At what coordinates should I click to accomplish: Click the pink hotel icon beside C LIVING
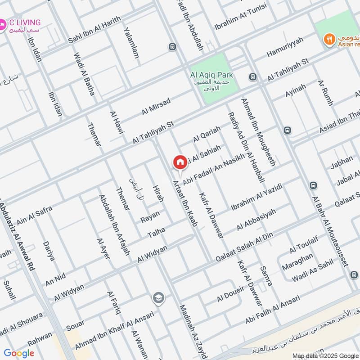point(3,23)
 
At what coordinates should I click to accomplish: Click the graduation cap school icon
point(158,297)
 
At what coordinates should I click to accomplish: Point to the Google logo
point(18,353)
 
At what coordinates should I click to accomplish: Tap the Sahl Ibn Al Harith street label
point(94,30)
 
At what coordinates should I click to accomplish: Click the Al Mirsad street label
point(156,106)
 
